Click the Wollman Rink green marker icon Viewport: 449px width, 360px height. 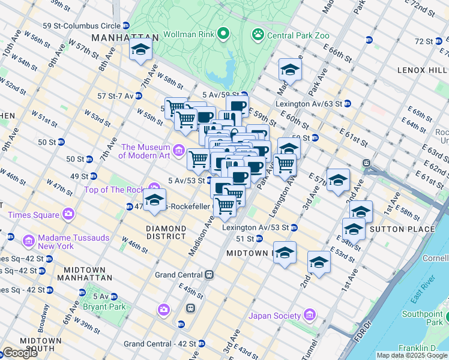tap(224, 34)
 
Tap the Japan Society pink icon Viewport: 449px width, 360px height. tap(309, 315)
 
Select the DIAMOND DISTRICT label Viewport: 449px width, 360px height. tap(166, 232)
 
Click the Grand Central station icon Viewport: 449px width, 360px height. tap(209, 275)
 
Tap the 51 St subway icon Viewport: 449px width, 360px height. tap(259, 238)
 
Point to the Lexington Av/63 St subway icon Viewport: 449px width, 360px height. tap(348, 103)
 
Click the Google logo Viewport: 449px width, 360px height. tap(20, 353)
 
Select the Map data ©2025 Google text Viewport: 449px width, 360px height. tap(412, 355)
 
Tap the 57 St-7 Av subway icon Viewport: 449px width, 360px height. tap(139, 95)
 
